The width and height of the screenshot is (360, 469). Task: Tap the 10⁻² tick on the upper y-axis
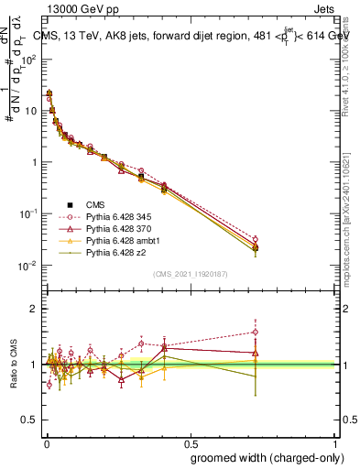pyautogui.click(x=29, y=266)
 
